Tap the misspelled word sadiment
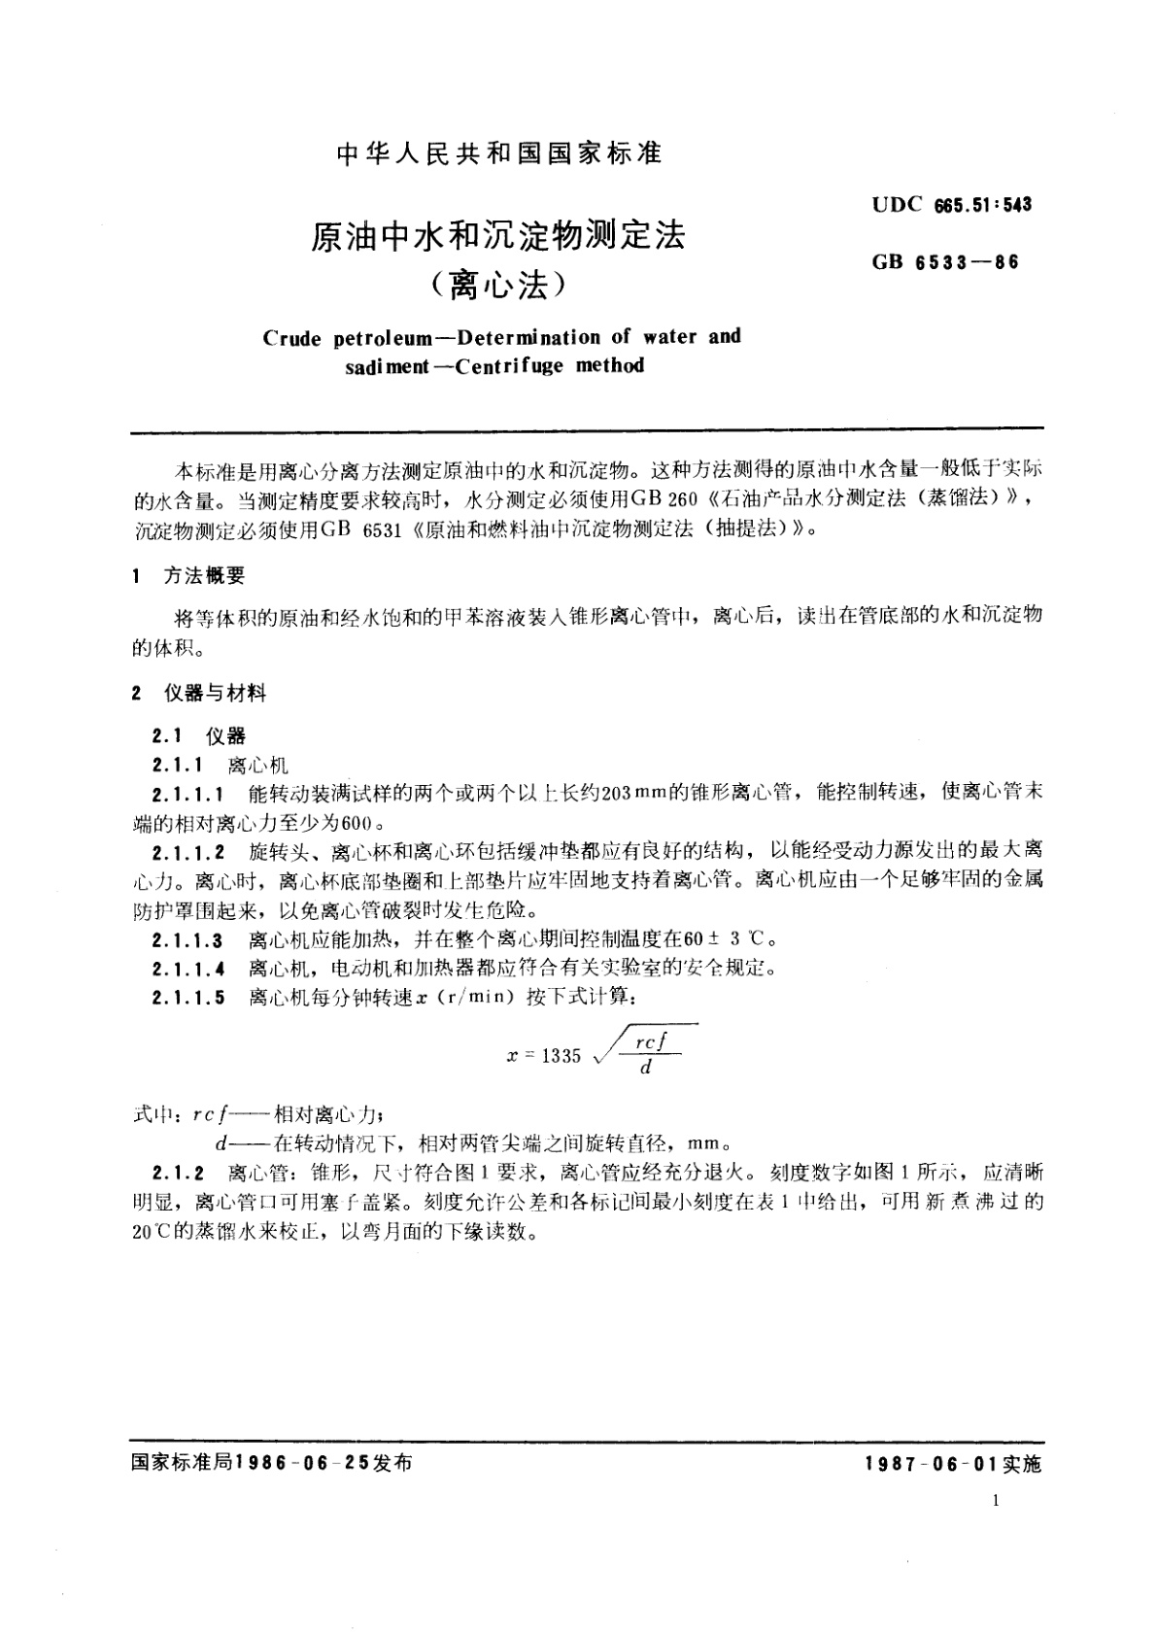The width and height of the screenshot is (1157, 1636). [x=383, y=367]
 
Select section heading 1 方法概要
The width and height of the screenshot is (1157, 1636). [x=189, y=576]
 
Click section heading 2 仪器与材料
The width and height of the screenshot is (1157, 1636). [x=199, y=693]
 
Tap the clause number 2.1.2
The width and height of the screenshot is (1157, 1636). [x=179, y=1173]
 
